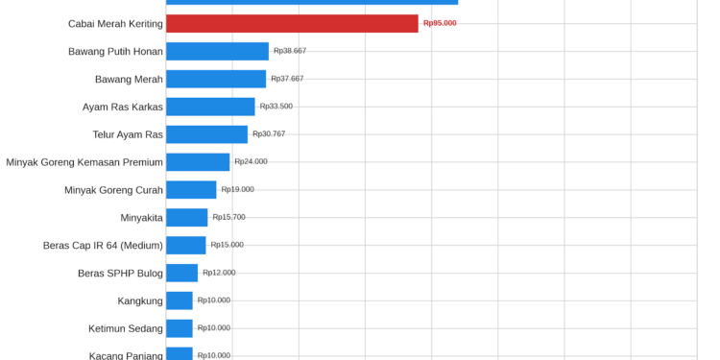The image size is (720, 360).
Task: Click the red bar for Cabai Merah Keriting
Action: coord(292,23)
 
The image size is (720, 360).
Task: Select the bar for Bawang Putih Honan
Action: coord(217,52)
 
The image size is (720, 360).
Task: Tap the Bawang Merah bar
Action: coord(216,79)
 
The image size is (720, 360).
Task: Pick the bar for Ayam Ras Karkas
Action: coord(210,107)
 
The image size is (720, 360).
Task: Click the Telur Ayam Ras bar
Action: coord(206,134)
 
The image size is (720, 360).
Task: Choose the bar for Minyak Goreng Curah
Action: coord(191,190)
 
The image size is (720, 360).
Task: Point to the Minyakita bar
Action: coord(187,218)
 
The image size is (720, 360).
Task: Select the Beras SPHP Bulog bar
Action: coord(181,273)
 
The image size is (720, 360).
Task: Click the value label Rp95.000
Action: coord(440,23)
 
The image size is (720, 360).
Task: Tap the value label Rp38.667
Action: coord(290,51)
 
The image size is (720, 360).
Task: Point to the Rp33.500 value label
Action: coord(276,106)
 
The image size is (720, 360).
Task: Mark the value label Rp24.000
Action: coord(251,161)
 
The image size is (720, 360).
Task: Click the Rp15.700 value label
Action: coord(228,217)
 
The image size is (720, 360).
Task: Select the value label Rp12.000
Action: coord(219,273)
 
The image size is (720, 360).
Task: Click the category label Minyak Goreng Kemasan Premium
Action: coord(84,162)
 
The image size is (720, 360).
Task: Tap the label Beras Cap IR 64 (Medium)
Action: coord(103,246)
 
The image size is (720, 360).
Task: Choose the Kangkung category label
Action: coord(140,301)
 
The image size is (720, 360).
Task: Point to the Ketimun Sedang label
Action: coord(126,328)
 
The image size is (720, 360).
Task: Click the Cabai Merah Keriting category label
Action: coord(115,24)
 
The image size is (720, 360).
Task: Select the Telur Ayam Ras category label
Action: coord(128,135)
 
